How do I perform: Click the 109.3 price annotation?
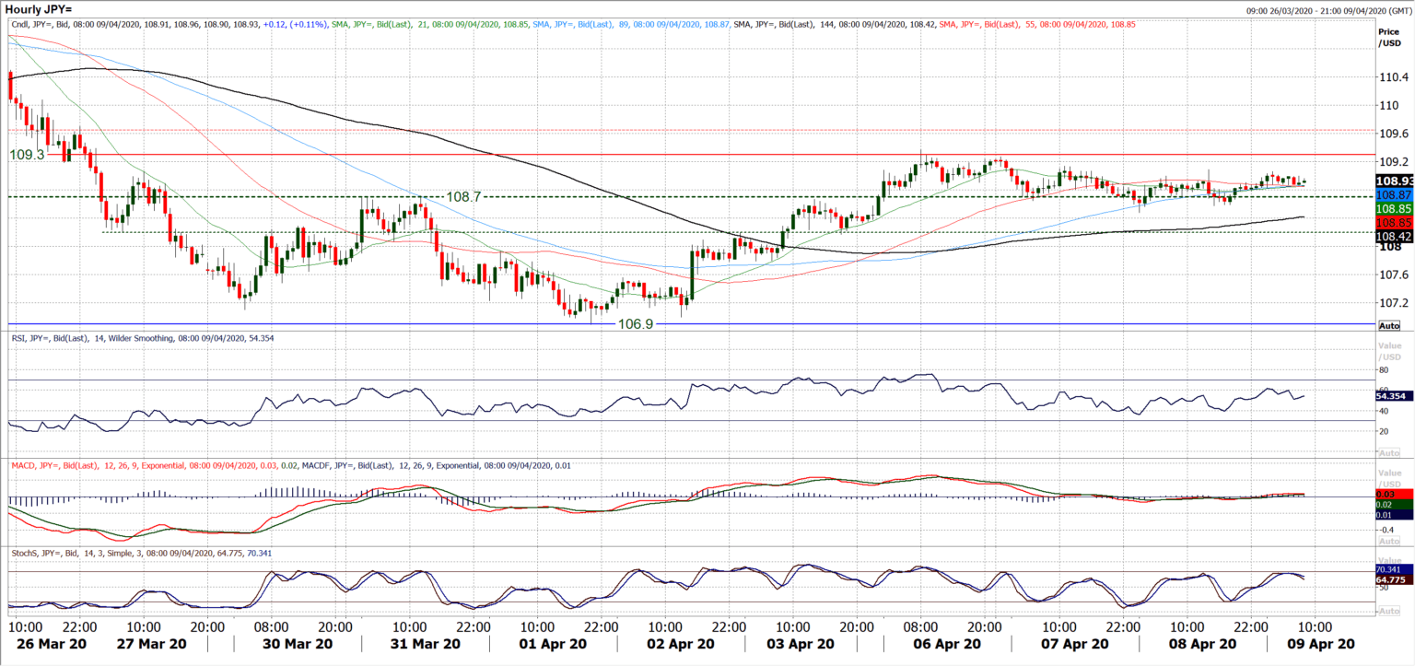point(27,155)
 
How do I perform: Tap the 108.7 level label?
point(463,197)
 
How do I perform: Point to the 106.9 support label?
point(634,324)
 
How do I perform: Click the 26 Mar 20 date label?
point(48,644)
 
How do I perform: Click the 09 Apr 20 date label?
point(1319,644)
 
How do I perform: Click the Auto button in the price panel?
point(1388,326)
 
